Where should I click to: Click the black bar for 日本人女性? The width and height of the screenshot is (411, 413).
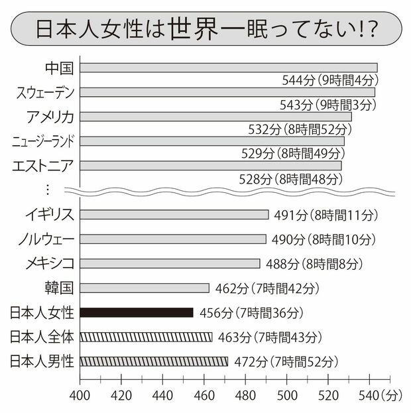tap(137, 312)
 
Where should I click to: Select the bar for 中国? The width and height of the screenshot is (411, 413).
tap(229, 68)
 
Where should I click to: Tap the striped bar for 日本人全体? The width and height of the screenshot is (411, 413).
tap(146, 337)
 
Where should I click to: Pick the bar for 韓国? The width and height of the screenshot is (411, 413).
tap(145, 288)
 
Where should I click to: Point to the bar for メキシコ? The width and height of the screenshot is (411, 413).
tap(170, 263)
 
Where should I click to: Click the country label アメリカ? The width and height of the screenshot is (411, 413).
tap(50, 117)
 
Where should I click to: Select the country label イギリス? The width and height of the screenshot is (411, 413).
tap(49, 214)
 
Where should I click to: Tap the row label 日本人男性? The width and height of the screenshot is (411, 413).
tap(43, 361)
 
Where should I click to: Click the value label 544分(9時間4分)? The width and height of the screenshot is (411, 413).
tap(329, 80)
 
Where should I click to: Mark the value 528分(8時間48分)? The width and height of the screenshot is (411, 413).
tap(290, 178)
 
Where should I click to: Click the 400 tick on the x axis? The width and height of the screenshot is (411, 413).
tap(80, 396)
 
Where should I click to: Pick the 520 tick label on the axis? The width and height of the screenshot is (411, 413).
tap(328, 396)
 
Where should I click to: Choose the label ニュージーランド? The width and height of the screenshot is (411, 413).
tap(44, 141)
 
